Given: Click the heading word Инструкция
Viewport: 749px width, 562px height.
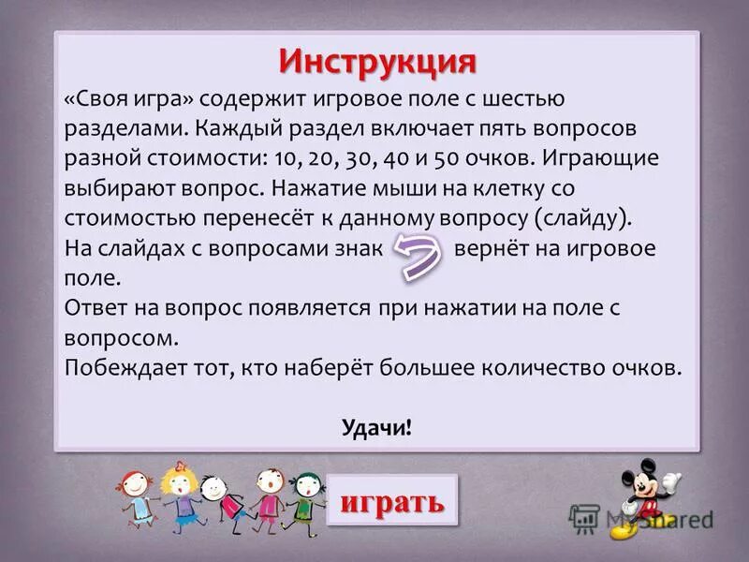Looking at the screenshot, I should coord(377,62).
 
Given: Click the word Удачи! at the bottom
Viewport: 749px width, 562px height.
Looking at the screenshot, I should coord(377,427).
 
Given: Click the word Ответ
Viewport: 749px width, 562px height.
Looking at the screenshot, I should coord(95,307).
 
